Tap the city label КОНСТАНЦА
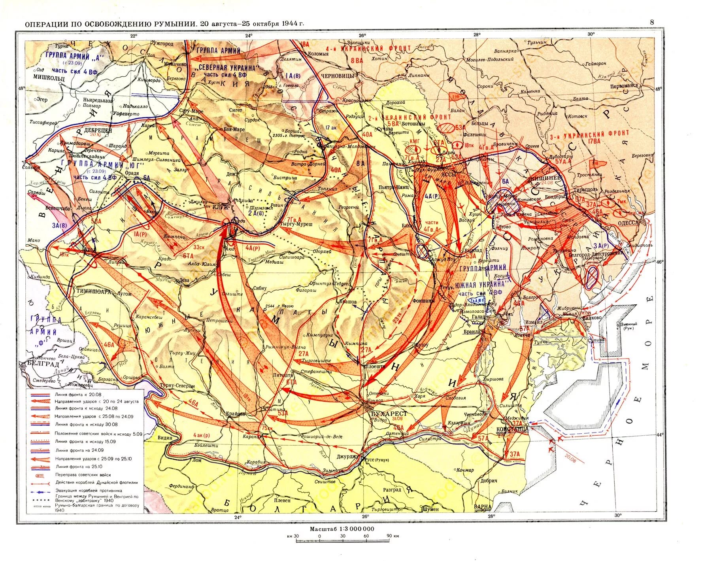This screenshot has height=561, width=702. click(513, 429)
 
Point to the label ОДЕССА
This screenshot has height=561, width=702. click(625, 223)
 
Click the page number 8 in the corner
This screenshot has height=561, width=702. click(652, 22)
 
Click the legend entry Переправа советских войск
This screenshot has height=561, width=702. click(83, 475)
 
